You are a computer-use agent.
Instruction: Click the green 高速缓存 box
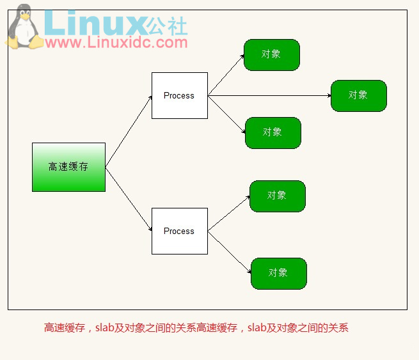click(x=68, y=167)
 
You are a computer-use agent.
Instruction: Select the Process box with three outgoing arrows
click(x=179, y=95)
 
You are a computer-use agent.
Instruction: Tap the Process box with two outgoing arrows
click(x=179, y=231)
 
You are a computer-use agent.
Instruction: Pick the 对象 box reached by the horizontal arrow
click(x=358, y=95)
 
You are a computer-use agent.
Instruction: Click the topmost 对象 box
click(x=271, y=54)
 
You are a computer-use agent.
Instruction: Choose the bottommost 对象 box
click(x=278, y=273)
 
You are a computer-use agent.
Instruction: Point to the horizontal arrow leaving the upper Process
click(x=269, y=96)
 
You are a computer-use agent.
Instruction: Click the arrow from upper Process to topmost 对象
click(x=226, y=75)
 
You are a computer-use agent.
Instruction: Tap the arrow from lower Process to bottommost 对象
click(x=229, y=251)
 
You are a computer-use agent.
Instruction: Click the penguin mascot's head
click(x=24, y=16)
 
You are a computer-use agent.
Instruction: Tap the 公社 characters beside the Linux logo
click(x=168, y=26)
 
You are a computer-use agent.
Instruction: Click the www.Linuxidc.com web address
click(x=116, y=43)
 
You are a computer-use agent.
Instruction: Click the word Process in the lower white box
click(x=179, y=231)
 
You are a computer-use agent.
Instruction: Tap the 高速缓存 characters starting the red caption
click(x=64, y=328)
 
